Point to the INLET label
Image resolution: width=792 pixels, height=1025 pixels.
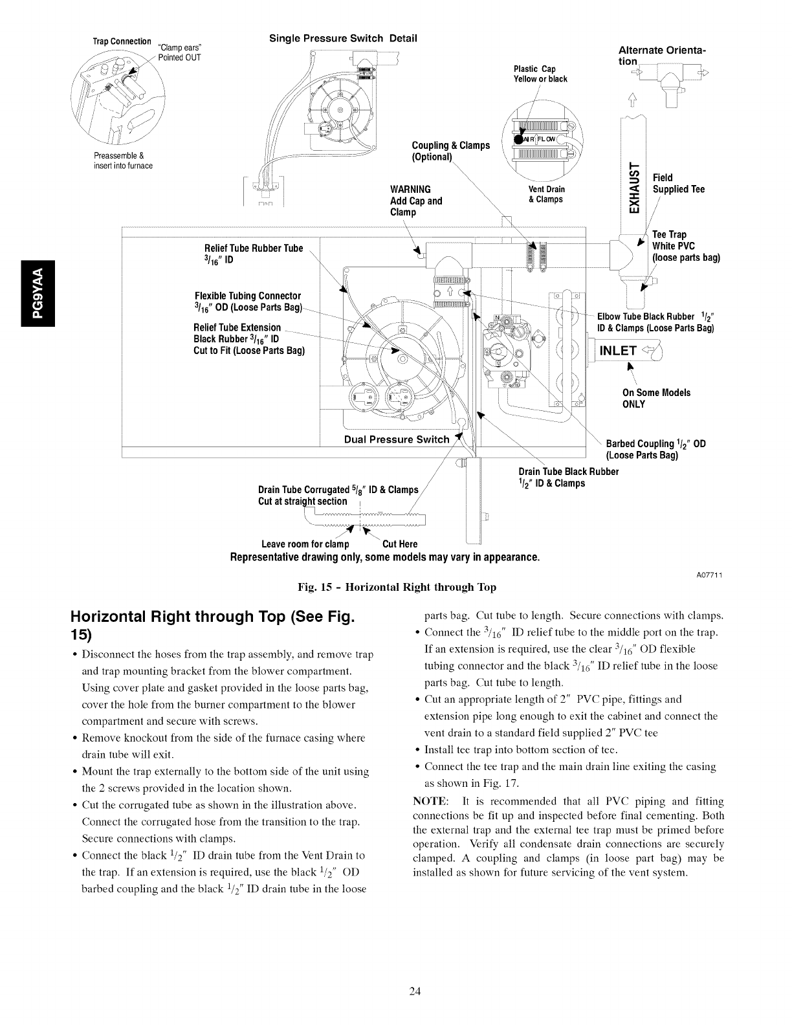point(618,351)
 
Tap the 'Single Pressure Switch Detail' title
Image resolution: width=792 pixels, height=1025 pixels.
point(343,38)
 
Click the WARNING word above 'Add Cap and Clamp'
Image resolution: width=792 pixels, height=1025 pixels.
point(411,190)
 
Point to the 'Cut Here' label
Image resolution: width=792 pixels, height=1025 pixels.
point(400,544)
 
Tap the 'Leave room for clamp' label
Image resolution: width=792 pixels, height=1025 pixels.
point(305,544)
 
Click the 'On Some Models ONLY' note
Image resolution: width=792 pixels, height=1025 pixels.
point(655,399)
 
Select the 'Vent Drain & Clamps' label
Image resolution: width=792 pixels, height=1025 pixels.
point(547,194)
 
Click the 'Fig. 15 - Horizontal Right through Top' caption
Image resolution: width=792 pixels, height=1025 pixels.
point(396,587)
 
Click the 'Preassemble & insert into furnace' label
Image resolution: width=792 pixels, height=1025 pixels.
point(123,160)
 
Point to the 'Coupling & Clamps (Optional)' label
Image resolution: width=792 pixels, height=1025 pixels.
point(450,151)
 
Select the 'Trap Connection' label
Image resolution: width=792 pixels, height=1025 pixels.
point(122,41)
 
